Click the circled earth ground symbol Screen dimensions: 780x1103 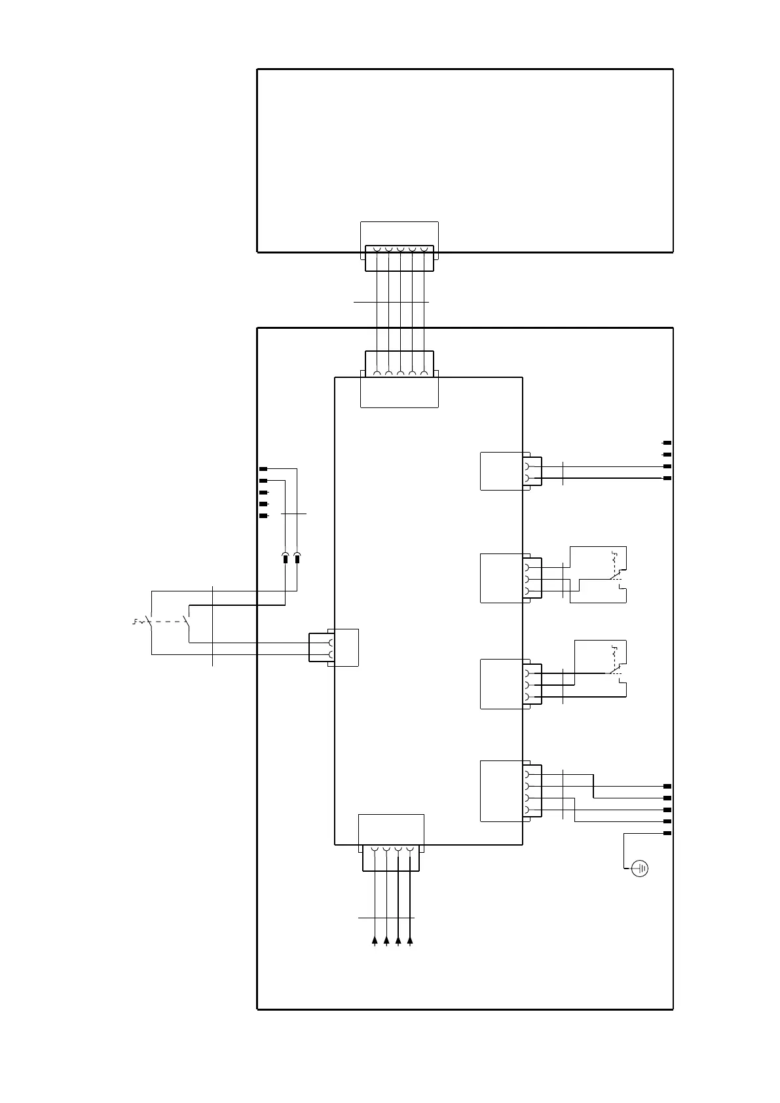pyautogui.click(x=640, y=869)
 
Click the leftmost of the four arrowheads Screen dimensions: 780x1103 pyautogui.click(x=375, y=941)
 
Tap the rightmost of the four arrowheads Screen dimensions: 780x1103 pyautogui.click(x=410, y=941)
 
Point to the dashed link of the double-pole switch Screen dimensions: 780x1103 pyautogui.click(x=169, y=622)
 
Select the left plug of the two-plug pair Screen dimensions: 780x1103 pyautogui.click(x=285, y=559)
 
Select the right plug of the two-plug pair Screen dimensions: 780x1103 pyautogui.click(x=297, y=559)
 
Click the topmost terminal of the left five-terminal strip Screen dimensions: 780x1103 pyautogui.click(x=263, y=469)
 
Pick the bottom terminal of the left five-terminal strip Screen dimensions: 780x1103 pyautogui.click(x=263, y=516)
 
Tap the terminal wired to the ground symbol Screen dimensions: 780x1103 pyautogui.click(x=667, y=833)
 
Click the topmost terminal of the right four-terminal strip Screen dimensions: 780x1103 pyautogui.click(x=667, y=443)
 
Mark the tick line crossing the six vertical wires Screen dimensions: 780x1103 pyautogui.click(x=391, y=302)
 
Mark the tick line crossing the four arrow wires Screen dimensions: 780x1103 pyautogui.click(x=386, y=918)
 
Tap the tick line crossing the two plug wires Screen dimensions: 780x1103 pyautogui.click(x=293, y=514)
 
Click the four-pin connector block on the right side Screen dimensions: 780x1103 pyautogui.click(x=501, y=791)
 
